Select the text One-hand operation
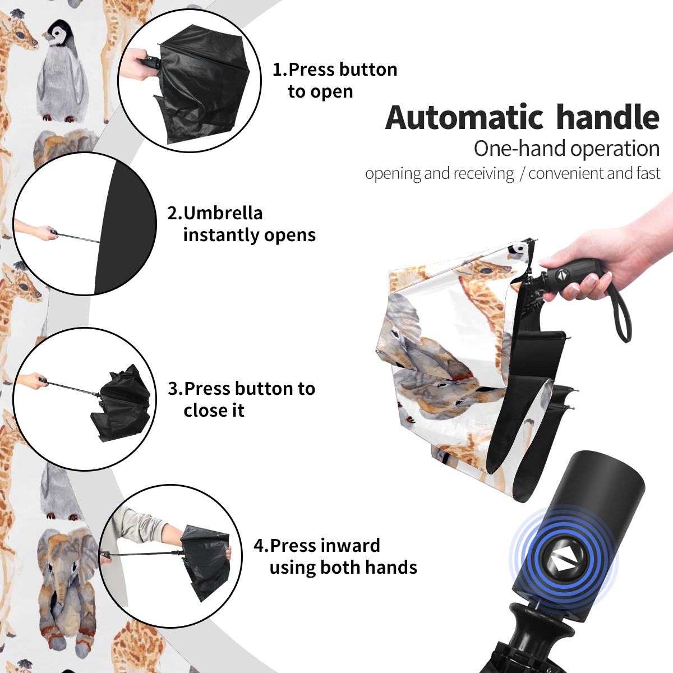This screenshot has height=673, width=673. coord(566,149)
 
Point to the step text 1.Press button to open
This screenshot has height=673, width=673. coord(335,80)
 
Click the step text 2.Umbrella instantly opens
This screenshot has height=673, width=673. coord(241,224)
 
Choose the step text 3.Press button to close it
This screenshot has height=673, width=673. coord(241,399)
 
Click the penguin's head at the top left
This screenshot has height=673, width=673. coord(58,32)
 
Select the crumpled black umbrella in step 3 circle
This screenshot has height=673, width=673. coord(121,402)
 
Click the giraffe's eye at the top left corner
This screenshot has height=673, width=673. coord(20,35)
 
